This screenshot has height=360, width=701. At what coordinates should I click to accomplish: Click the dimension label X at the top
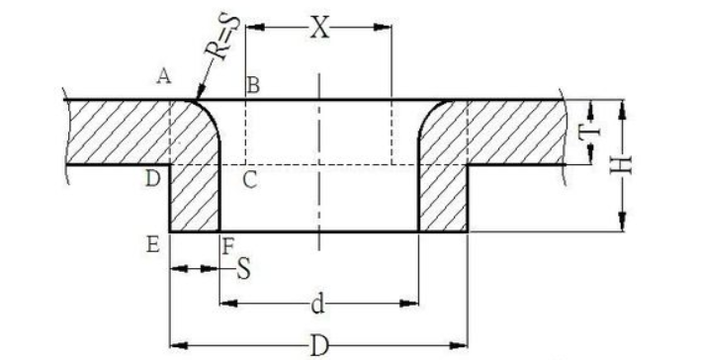tap(320, 28)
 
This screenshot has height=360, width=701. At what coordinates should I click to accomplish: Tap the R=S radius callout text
tap(222, 38)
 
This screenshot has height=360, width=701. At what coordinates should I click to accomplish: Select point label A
tap(164, 76)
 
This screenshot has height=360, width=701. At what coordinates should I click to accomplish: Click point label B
tap(253, 85)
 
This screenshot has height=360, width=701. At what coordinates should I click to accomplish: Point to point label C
tap(250, 180)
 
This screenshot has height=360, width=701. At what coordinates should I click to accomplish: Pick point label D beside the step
tap(153, 179)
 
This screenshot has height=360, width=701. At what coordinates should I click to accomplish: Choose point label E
tap(153, 245)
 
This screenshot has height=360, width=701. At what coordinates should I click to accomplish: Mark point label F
tap(228, 247)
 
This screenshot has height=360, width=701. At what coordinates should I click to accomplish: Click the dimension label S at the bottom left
tap(243, 269)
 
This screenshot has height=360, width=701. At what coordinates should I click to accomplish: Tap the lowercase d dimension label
tap(317, 304)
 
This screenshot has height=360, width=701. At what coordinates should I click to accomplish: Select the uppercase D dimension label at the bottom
tap(319, 346)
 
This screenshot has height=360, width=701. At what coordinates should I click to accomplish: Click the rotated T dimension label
tap(589, 133)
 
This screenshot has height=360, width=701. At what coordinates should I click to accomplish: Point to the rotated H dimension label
tap(622, 165)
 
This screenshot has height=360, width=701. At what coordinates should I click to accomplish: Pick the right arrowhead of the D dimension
tap(458, 346)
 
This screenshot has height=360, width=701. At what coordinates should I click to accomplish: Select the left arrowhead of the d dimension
tap(229, 304)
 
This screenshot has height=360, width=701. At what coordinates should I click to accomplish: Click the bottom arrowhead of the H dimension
tap(622, 223)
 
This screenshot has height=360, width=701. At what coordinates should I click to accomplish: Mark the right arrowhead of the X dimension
tap(383, 28)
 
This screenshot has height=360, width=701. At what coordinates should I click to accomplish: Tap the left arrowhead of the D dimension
tap(179, 346)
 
